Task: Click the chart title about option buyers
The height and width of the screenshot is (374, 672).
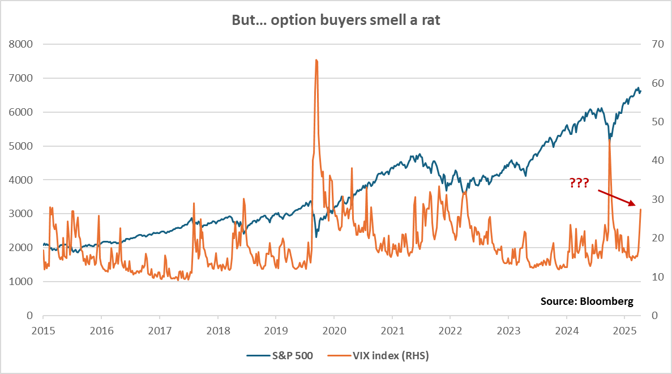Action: [336, 19]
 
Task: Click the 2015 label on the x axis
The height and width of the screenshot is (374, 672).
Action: [43, 330]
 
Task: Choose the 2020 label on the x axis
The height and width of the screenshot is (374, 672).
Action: [334, 330]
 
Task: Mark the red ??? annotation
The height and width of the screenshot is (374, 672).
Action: [579, 182]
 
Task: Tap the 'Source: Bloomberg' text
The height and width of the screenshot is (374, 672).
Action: [587, 301]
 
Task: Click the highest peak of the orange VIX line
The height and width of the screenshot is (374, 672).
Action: [316, 60]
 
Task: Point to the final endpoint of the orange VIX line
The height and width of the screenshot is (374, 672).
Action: [641, 210]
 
